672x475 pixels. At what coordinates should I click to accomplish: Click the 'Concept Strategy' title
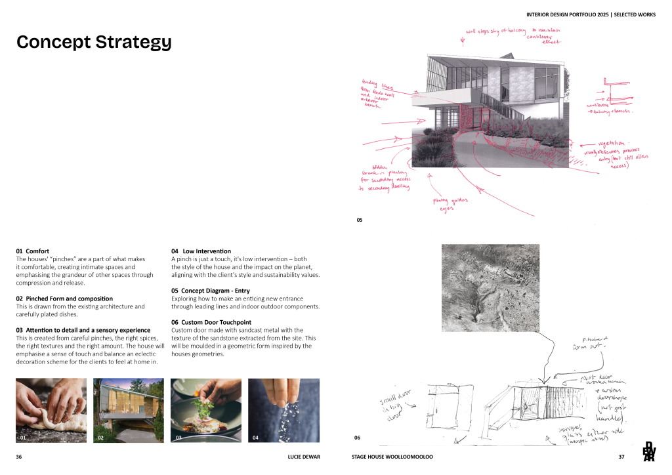click(x=94, y=42)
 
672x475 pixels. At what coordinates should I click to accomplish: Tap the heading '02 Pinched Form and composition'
click(x=64, y=299)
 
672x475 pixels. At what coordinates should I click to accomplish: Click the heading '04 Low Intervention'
click(x=201, y=251)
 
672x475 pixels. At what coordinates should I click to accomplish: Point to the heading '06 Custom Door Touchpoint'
click(x=211, y=322)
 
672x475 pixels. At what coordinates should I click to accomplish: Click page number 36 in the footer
click(x=19, y=456)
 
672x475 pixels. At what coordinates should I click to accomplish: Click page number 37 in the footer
click(x=621, y=456)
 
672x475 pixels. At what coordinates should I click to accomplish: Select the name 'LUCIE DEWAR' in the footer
click(x=304, y=456)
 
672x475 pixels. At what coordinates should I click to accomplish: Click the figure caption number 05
click(x=360, y=220)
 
